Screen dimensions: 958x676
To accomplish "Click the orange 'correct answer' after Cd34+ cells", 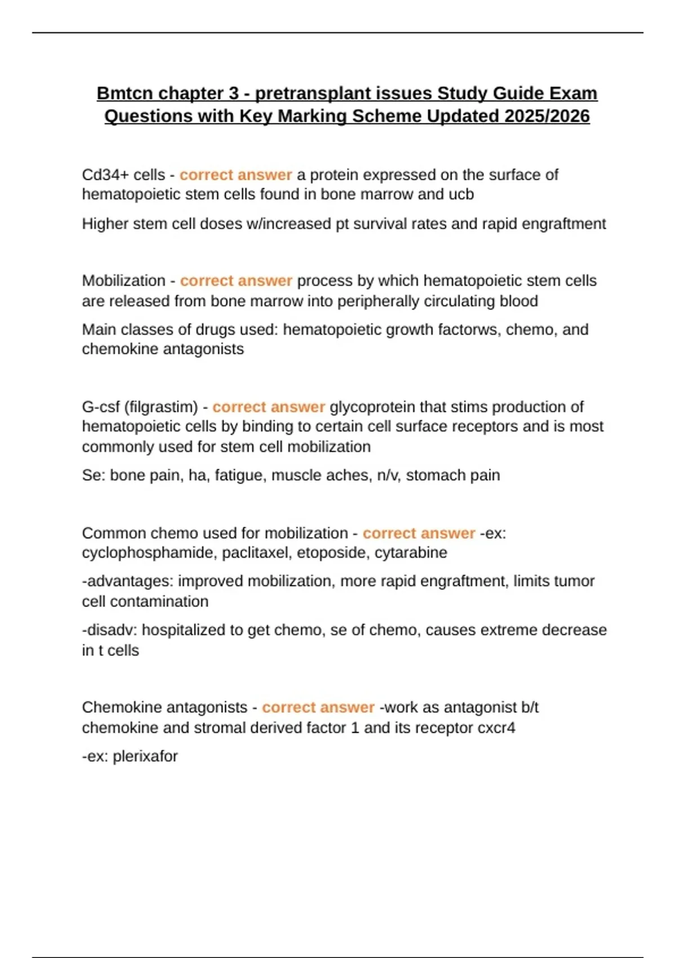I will coord(235,175).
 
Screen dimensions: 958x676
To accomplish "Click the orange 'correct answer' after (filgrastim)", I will coord(268,407).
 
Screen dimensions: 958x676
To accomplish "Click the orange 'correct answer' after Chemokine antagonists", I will coord(318,707).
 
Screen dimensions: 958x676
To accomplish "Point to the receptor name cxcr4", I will coord(496,728).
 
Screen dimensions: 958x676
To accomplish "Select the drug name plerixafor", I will coord(145,756).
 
